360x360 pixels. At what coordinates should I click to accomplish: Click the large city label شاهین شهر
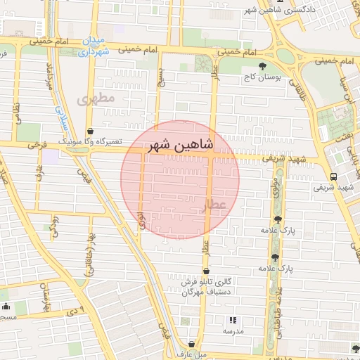tap(180, 146)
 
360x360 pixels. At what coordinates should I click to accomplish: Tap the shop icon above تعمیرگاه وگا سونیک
tap(90, 131)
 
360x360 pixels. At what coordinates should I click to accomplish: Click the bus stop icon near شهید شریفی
tap(333, 176)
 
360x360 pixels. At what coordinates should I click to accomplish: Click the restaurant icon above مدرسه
tap(233, 320)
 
